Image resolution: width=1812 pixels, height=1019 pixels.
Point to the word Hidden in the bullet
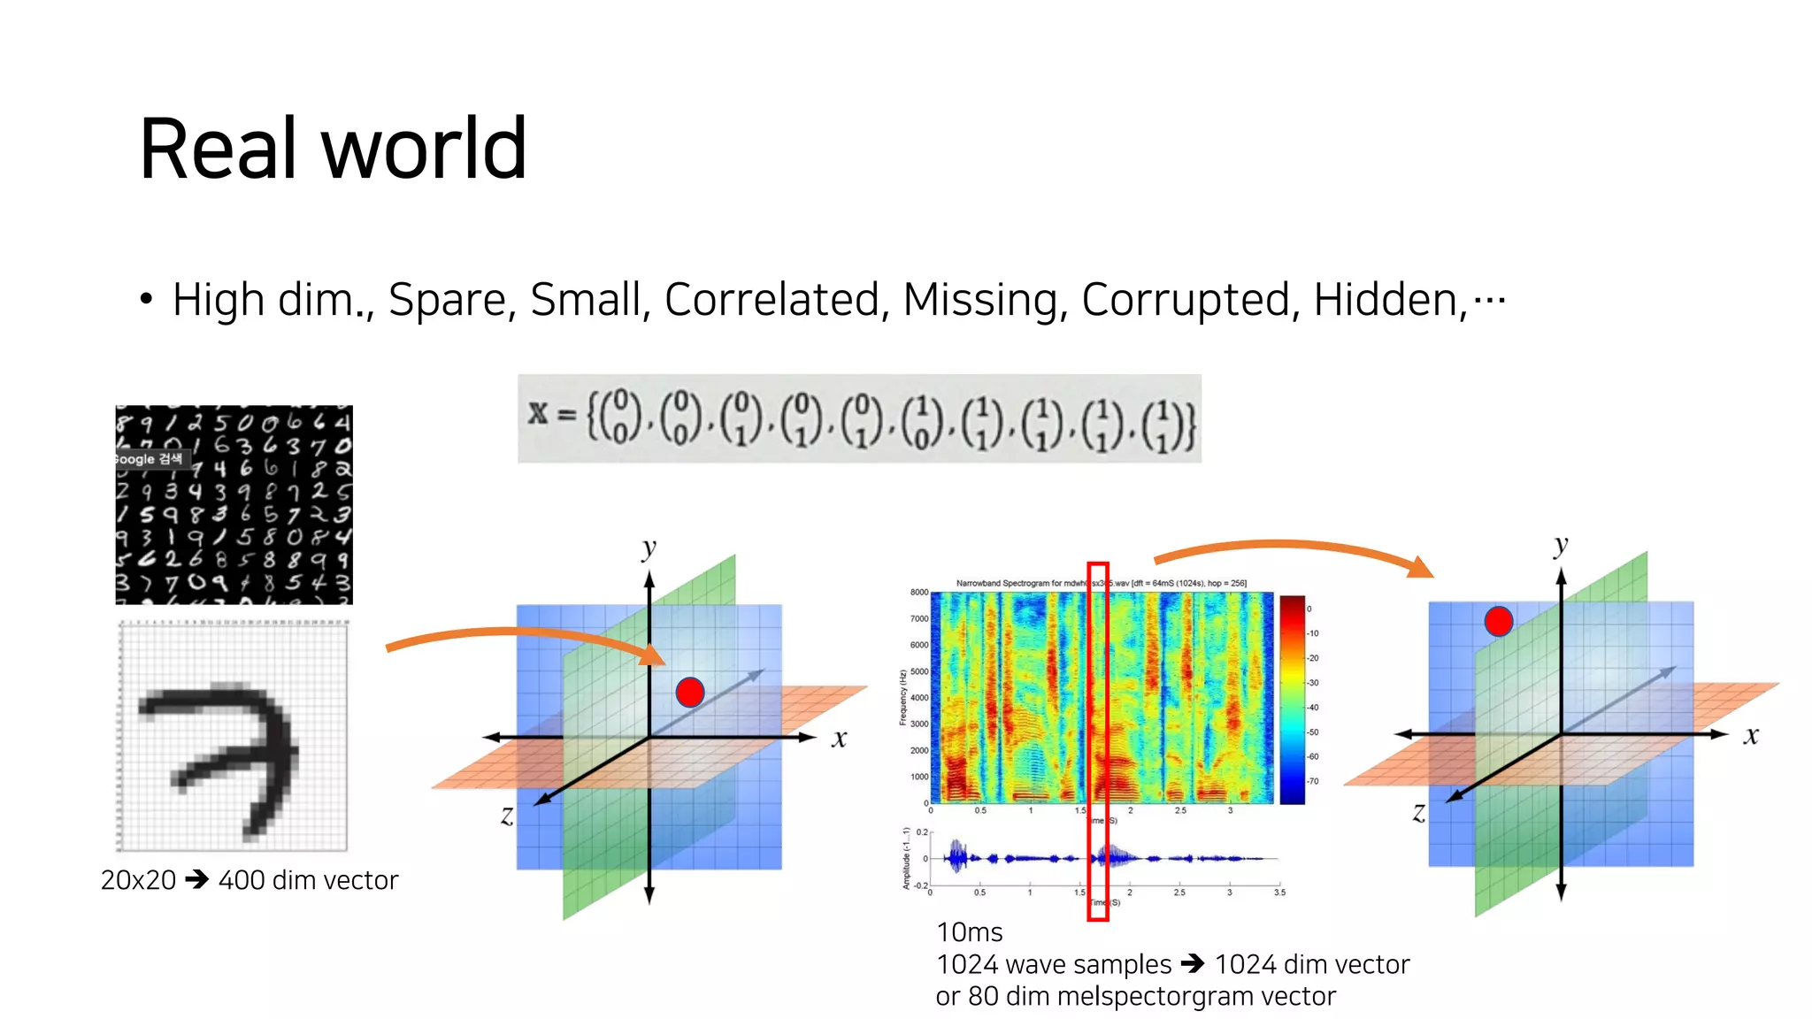pyautogui.click(x=1389, y=300)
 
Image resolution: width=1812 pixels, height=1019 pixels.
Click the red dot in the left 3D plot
pyautogui.click(x=690, y=692)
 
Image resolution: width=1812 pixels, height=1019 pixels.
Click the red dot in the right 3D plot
pyautogui.click(x=1498, y=621)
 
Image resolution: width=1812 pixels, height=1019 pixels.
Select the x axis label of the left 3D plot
pyautogui.click(x=839, y=739)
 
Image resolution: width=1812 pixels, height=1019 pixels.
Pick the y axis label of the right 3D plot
pyautogui.click(x=1561, y=546)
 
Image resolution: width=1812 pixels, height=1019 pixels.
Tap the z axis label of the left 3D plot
pyautogui.click(x=507, y=815)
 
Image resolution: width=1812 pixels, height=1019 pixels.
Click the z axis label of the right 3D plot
pyautogui.click(x=1419, y=812)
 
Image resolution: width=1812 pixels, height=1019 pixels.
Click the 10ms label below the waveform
pyautogui.click(x=970, y=932)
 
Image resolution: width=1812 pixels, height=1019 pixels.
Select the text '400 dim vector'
pyautogui.click(x=308, y=880)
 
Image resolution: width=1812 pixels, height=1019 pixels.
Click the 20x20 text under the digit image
pyautogui.click(x=138, y=880)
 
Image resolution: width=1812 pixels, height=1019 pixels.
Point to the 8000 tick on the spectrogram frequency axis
pyautogui.click(x=919, y=593)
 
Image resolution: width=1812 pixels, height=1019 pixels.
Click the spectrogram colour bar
pyautogui.click(x=1293, y=699)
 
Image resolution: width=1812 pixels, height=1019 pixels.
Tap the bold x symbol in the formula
pyautogui.click(x=538, y=413)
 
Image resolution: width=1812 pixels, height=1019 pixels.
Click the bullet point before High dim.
pyautogui.click(x=146, y=300)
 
